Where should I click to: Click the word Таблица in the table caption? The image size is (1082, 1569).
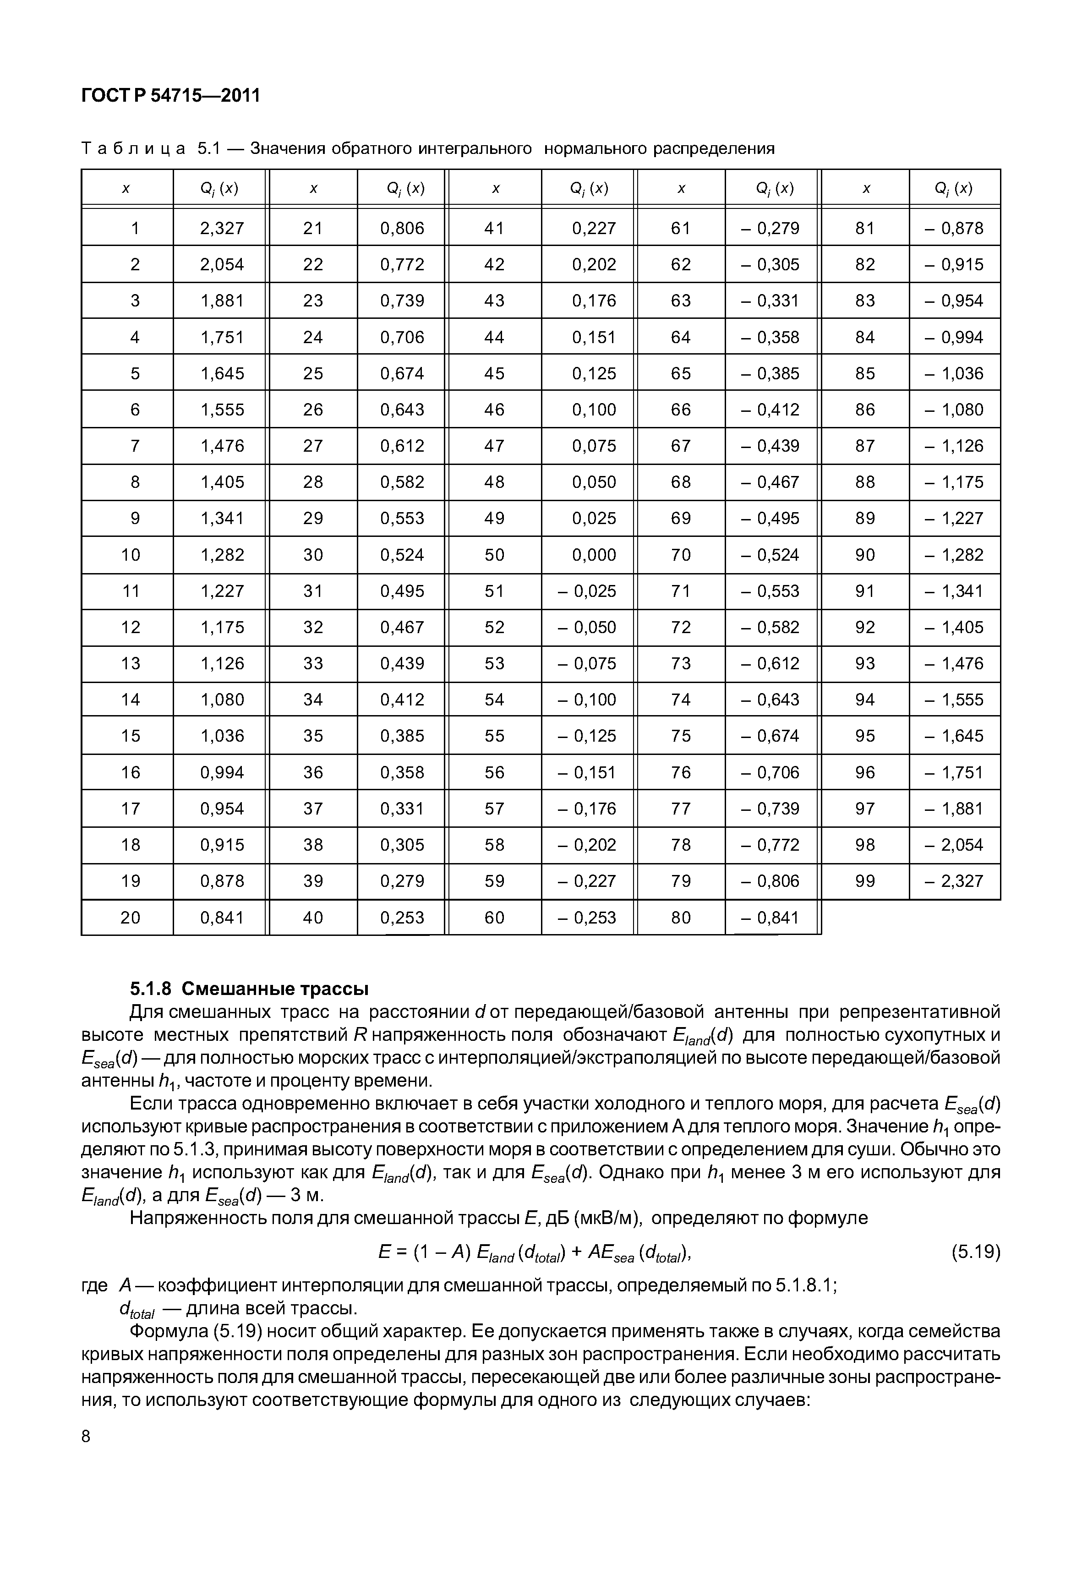[133, 148]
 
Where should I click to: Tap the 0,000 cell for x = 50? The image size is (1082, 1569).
[593, 555]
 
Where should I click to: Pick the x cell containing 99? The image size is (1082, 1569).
[865, 881]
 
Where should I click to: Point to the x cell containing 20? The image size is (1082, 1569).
[130, 918]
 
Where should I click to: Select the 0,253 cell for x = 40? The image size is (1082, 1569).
[402, 918]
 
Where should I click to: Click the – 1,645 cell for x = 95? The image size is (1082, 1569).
[954, 736]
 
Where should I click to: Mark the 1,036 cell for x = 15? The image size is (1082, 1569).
[222, 736]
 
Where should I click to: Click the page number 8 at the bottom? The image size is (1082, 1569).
[85, 1437]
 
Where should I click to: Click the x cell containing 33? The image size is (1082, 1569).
[312, 664]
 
